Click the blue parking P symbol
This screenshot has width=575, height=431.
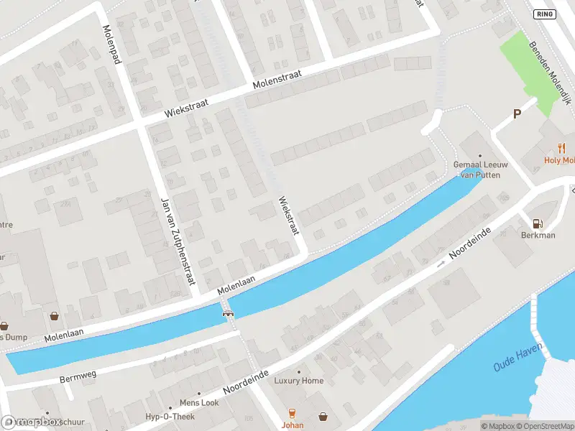click(516, 114)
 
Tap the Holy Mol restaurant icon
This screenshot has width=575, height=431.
click(561, 149)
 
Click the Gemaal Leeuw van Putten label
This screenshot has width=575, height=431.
click(481, 169)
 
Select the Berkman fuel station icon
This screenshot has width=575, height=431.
click(537, 223)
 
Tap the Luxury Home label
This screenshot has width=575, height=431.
click(299, 381)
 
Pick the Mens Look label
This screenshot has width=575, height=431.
click(199, 403)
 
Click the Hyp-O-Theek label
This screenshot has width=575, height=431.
click(171, 417)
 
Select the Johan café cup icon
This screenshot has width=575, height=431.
click(292, 414)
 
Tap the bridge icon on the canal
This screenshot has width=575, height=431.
click(229, 312)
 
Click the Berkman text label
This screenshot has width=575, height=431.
click(538, 235)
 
